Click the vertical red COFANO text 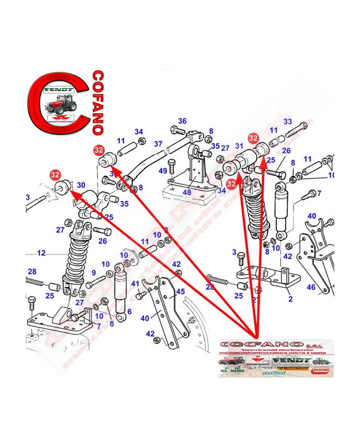[x=98, y=103]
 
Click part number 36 [x=182, y=121]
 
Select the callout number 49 [x=163, y=170]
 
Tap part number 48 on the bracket [x=187, y=192]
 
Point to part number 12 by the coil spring [x=41, y=253]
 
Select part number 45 [x=180, y=292]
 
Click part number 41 [x=135, y=283]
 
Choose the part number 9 [x=94, y=272]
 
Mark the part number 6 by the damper [x=129, y=311]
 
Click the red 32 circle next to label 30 [x=55, y=175]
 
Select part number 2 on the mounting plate [x=290, y=298]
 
